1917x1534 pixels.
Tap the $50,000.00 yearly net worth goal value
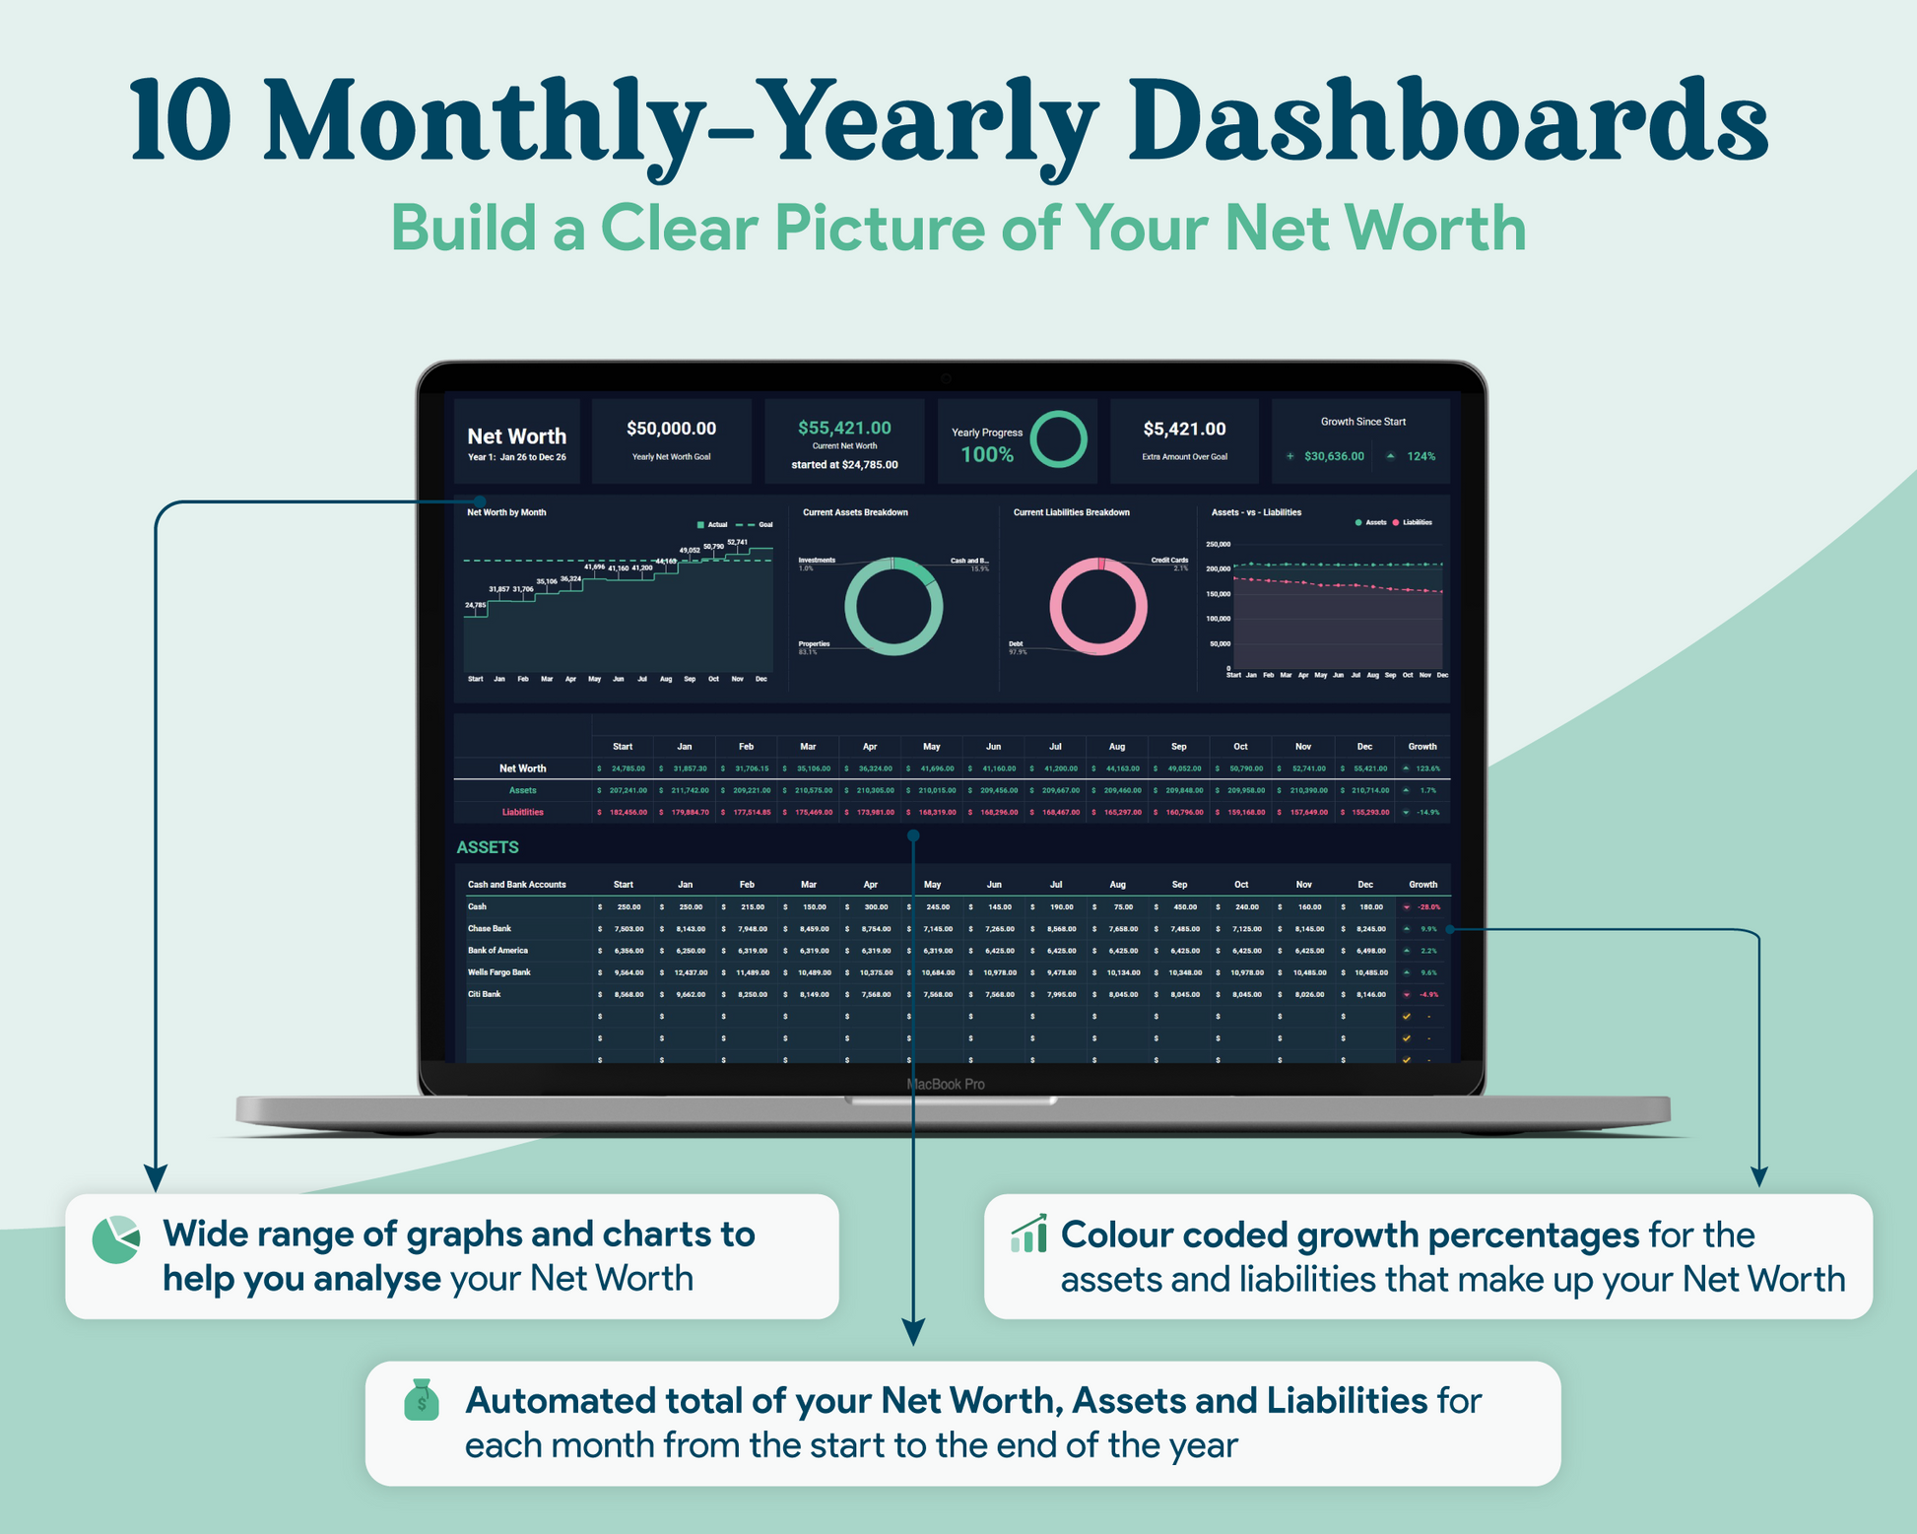(x=671, y=429)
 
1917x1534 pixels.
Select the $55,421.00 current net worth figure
(x=844, y=428)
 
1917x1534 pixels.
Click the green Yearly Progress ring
(x=1058, y=439)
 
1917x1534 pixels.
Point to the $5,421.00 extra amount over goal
(x=1184, y=429)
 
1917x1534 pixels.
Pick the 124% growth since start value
(x=1421, y=456)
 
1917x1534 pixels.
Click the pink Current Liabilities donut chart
(x=1097, y=606)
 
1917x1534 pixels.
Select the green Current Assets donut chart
(x=892, y=606)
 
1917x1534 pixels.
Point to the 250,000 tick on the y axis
(x=1218, y=544)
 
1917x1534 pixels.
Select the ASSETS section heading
(x=488, y=847)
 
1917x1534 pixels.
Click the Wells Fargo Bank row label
(x=498, y=972)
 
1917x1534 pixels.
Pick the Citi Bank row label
(x=484, y=994)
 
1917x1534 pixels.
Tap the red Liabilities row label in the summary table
(x=522, y=812)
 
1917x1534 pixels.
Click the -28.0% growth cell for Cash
(x=1427, y=906)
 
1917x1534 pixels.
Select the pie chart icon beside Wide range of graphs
(x=116, y=1239)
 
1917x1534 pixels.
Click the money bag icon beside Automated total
(x=422, y=1400)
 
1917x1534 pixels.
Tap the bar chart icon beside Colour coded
(x=1028, y=1234)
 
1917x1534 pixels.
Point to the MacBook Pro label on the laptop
(x=946, y=1084)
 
